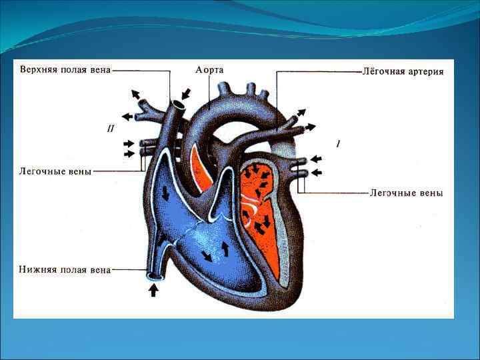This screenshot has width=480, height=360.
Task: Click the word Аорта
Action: click(209, 69)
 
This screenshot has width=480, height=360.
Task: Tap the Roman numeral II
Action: click(111, 128)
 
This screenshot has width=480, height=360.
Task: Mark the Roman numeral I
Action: click(338, 143)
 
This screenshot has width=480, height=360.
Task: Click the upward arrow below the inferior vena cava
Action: click(154, 290)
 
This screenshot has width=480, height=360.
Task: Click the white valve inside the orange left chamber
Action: click(257, 209)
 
